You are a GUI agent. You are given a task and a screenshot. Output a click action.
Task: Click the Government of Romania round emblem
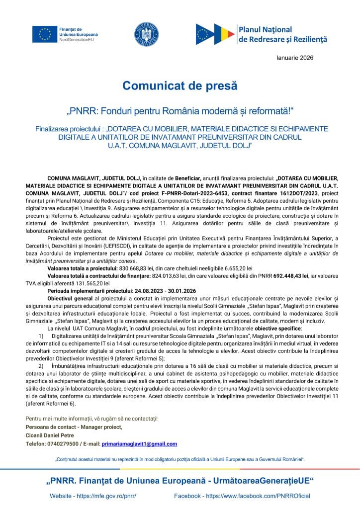[x=146, y=34]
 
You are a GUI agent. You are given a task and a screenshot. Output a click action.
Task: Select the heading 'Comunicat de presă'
[x=180, y=85]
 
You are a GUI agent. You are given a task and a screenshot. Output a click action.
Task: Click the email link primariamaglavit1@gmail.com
[x=139, y=444]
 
